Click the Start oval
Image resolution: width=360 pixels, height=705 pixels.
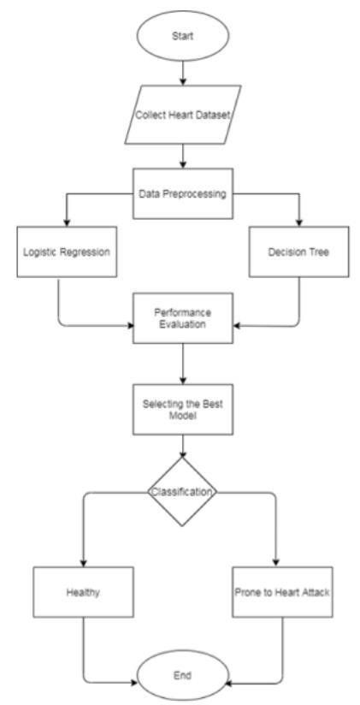(182, 36)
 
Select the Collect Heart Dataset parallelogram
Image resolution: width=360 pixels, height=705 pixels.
(182, 115)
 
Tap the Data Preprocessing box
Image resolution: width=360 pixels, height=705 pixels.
(183, 193)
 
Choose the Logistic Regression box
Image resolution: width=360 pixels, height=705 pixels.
(67, 252)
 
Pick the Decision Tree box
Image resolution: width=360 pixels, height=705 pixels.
(299, 252)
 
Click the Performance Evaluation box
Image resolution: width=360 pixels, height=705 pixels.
(183, 318)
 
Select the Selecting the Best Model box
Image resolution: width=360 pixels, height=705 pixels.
(183, 409)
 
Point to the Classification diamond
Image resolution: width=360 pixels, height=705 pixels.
(182, 492)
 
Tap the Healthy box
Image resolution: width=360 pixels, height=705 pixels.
(83, 592)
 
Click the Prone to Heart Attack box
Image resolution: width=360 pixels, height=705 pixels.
(283, 592)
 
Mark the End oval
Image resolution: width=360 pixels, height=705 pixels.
(182, 675)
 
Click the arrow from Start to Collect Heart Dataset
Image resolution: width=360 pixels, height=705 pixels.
(182, 73)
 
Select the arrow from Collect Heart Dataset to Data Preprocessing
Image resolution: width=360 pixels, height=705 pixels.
(182, 157)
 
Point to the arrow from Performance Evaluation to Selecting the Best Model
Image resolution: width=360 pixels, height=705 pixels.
(182, 364)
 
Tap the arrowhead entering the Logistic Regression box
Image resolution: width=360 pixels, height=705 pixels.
(67, 222)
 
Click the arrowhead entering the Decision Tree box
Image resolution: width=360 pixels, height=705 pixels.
(299, 222)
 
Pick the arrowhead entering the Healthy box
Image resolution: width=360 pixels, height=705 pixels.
(84, 563)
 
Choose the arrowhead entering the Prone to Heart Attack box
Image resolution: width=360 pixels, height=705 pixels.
(275, 563)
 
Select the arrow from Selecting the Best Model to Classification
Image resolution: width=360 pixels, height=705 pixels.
(182, 446)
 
